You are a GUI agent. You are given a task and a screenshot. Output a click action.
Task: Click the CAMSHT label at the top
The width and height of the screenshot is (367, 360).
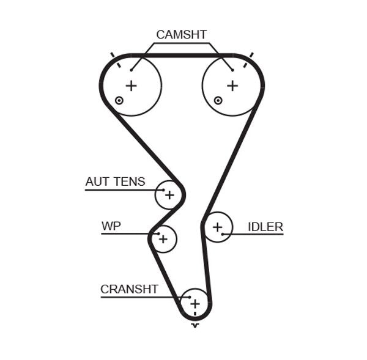tap(181, 35)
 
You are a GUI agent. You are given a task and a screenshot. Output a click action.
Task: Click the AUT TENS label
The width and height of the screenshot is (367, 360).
tap(115, 182)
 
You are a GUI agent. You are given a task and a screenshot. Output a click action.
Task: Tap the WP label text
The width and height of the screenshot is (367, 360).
tap(111, 226)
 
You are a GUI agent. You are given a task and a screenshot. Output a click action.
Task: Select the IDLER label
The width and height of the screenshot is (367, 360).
tap(265, 227)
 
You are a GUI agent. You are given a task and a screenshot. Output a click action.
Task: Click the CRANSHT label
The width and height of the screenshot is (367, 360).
tap(129, 289)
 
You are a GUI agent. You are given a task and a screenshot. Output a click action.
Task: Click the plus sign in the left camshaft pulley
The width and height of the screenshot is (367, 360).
tap(131, 86)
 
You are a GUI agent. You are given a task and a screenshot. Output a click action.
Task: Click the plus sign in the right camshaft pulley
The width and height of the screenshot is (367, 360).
tap(232, 86)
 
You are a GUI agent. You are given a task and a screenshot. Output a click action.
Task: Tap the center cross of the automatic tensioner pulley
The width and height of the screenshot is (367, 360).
tap(169, 196)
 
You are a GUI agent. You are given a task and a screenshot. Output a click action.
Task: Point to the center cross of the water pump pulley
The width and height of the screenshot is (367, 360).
tap(163, 239)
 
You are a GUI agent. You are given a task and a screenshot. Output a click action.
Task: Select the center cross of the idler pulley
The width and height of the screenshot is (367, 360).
tap(217, 227)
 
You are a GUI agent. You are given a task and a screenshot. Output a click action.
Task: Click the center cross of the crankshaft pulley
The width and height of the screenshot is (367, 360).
tap(195, 303)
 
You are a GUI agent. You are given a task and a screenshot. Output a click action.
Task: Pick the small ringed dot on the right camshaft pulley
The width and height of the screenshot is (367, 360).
tap(217, 100)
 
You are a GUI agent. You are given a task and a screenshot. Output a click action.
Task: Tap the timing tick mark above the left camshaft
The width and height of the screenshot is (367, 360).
tap(113, 56)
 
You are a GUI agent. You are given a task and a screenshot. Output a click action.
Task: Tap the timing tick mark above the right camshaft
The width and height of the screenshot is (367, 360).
tap(251, 56)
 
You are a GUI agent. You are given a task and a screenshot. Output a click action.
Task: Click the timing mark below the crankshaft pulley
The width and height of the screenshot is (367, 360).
tap(195, 325)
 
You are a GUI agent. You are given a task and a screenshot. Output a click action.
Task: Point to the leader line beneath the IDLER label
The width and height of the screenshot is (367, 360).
tap(257, 234)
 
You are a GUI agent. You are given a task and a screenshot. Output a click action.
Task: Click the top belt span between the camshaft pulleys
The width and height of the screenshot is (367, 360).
tap(182, 55)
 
